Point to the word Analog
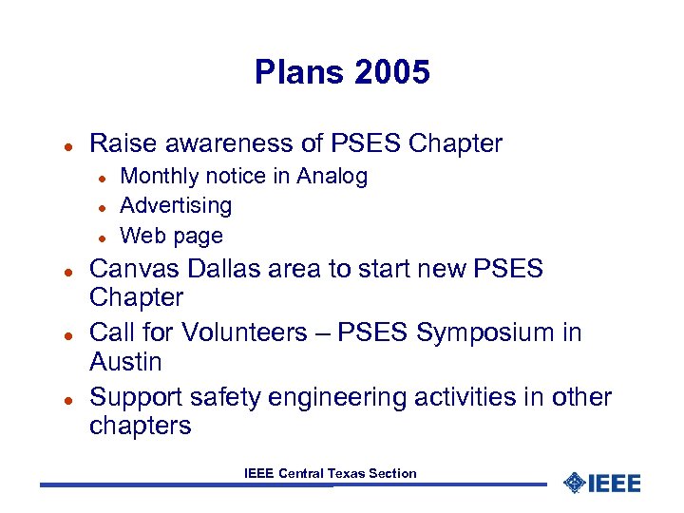[x=332, y=177]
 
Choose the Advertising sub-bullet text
[x=176, y=206]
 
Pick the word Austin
[x=125, y=362]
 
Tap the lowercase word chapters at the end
[x=140, y=427]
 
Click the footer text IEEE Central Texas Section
[x=330, y=473]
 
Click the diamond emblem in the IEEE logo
[x=574, y=483]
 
